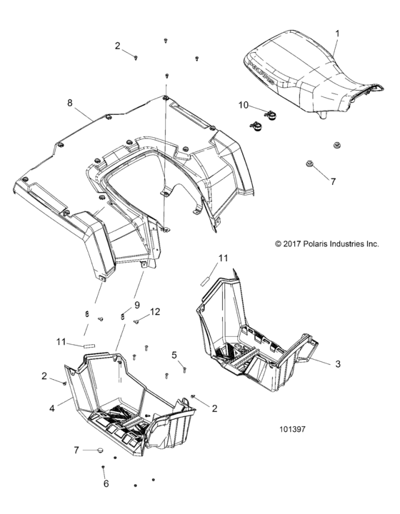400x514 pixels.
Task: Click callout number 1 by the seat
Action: (x=338, y=33)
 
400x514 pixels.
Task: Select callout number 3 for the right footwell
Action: (x=338, y=363)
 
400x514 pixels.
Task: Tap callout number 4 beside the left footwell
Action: (x=51, y=409)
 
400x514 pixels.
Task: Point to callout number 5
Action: (x=174, y=355)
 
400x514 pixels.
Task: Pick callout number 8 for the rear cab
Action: (x=70, y=103)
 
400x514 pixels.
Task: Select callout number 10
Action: (x=244, y=105)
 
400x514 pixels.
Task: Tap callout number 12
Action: (x=155, y=311)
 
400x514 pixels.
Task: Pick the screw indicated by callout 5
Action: (x=184, y=369)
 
